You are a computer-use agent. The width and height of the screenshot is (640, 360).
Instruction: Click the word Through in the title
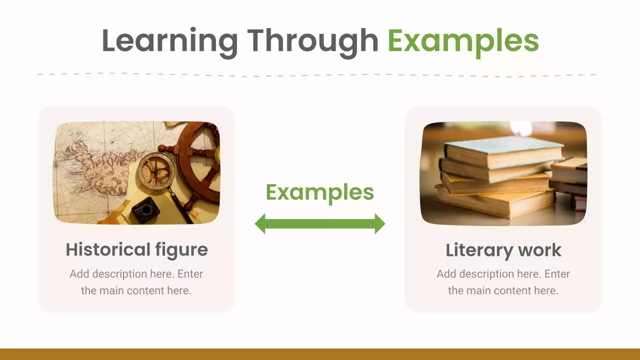point(312,41)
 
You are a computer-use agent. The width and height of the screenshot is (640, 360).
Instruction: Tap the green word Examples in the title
point(463,41)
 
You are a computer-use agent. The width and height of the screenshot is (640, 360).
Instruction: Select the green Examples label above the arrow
point(319,192)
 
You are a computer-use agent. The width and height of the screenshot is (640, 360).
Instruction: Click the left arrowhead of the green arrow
point(261,223)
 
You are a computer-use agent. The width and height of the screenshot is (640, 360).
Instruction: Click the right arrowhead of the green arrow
point(379,223)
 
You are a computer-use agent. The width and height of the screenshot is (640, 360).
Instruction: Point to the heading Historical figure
point(136,249)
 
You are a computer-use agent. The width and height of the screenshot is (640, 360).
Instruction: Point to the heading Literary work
point(503,250)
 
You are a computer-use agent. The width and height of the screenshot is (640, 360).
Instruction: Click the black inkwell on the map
point(145,210)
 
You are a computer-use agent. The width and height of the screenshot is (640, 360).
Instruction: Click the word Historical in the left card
point(108,249)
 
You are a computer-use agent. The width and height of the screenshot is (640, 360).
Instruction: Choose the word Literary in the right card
point(477,250)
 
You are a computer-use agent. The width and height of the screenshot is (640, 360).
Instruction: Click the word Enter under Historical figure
point(190,274)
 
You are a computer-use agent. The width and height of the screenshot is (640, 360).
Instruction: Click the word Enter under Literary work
point(557,274)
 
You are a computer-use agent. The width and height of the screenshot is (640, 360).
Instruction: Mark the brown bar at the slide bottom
point(320,354)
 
